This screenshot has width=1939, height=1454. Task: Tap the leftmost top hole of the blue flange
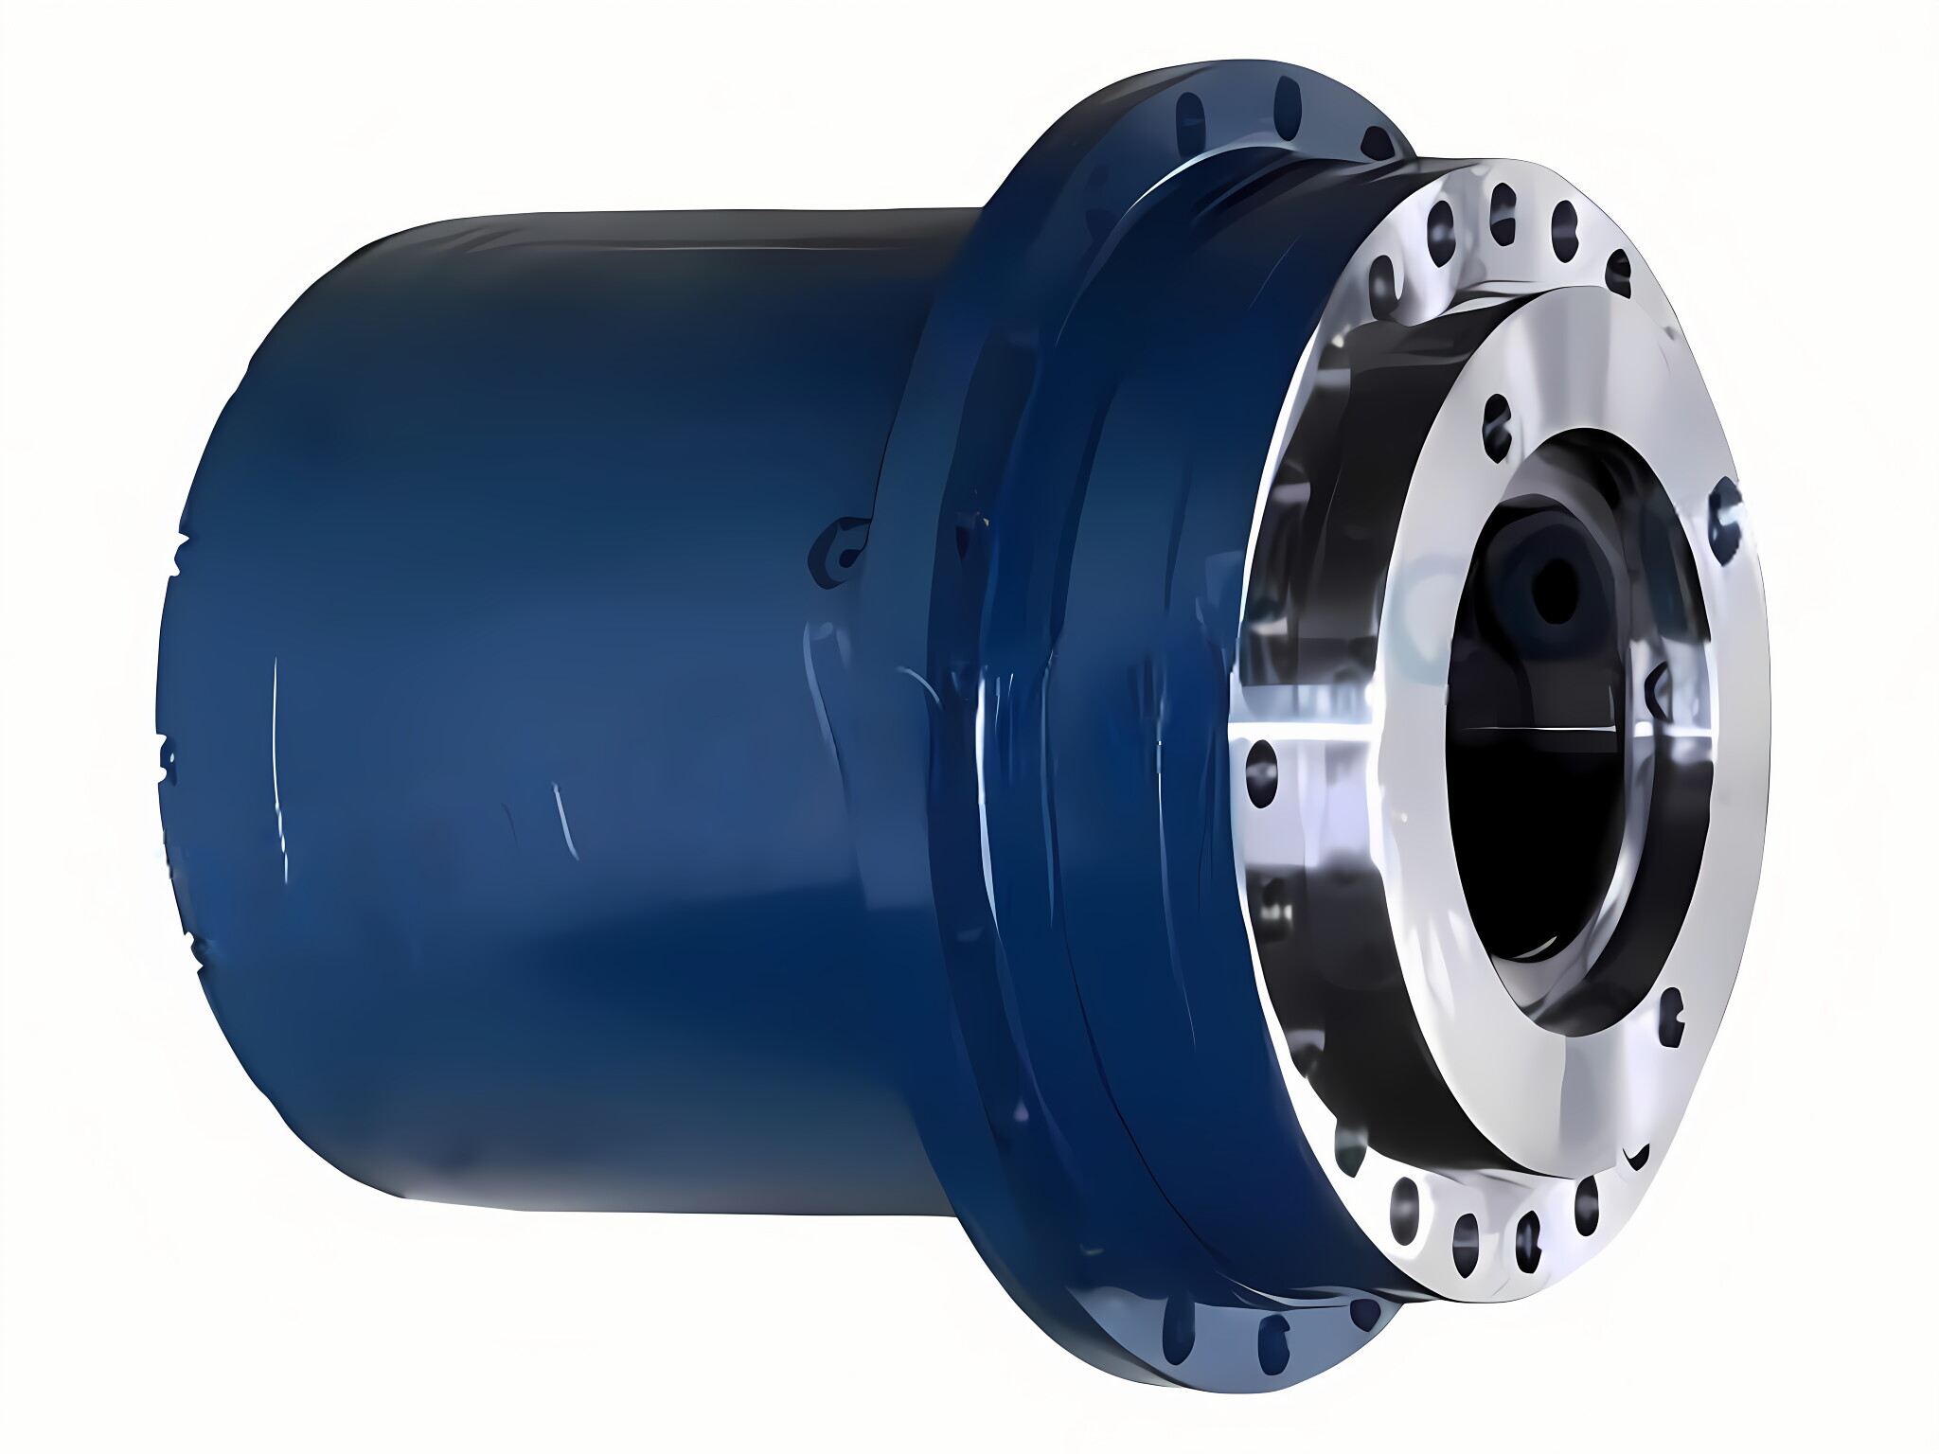(x=1187, y=119)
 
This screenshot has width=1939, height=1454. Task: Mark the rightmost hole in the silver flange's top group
(x=1617, y=263)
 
